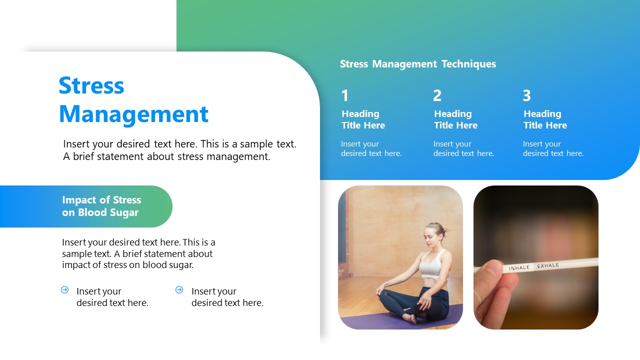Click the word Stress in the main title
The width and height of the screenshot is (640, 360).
(x=91, y=85)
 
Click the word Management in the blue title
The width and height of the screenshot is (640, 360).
(x=133, y=114)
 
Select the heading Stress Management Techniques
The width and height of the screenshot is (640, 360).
(x=417, y=64)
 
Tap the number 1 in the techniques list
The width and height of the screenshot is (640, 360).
(x=345, y=95)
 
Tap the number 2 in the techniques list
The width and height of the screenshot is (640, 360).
(x=437, y=95)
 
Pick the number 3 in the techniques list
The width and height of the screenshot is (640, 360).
(x=526, y=95)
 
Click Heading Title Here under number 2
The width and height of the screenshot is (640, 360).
(x=455, y=119)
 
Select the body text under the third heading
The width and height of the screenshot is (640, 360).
(x=553, y=148)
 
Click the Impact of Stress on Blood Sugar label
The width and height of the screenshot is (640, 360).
(x=101, y=206)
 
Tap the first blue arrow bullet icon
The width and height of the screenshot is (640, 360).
(x=64, y=290)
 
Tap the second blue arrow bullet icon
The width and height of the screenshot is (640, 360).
(x=179, y=290)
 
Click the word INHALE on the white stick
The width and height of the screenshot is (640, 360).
(x=519, y=268)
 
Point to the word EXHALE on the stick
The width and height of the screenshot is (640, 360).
(x=548, y=265)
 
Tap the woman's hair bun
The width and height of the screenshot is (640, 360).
(x=444, y=229)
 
